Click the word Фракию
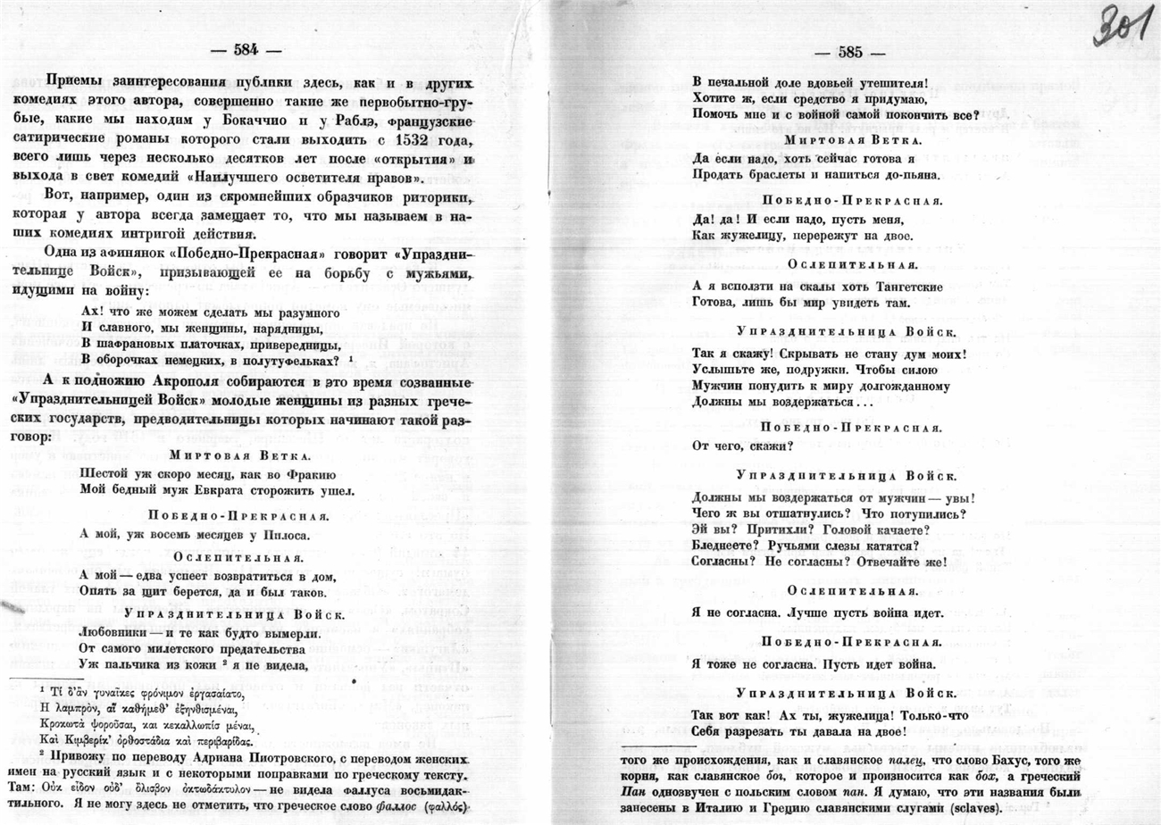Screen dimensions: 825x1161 [x=311, y=474]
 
